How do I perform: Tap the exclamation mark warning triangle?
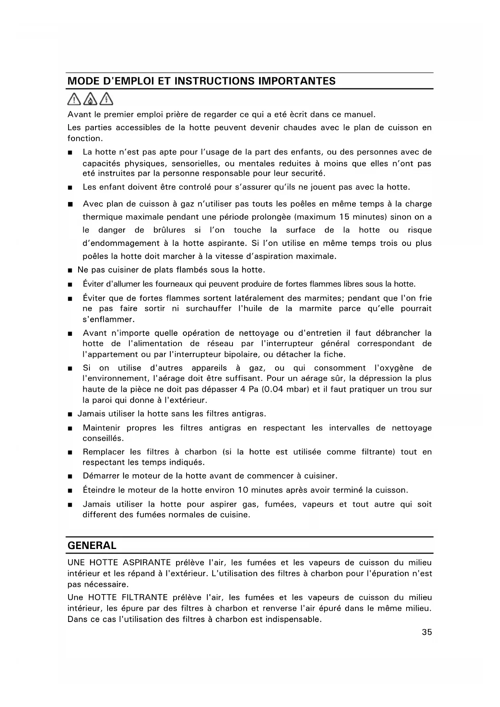click(x=75, y=99)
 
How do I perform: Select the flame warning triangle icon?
click(x=91, y=99)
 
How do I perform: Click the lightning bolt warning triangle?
click(x=106, y=99)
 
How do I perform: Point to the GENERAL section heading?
click(x=92, y=545)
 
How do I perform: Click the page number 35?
click(x=427, y=632)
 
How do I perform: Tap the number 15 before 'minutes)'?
click(x=344, y=217)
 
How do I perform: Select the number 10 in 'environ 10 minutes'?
click(x=243, y=490)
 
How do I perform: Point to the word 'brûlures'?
click(x=169, y=230)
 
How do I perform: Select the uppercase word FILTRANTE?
click(x=144, y=597)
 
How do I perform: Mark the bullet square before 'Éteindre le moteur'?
click(x=70, y=491)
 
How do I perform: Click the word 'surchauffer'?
click(x=208, y=309)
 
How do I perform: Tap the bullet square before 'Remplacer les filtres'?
click(x=70, y=453)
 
